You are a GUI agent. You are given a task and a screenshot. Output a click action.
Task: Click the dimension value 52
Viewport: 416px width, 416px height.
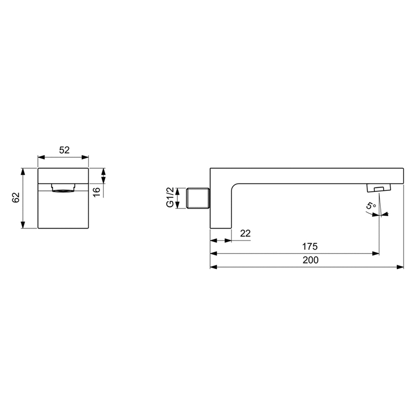tap(64, 151)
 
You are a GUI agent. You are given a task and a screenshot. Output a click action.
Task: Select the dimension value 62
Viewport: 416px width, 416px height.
tap(16, 197)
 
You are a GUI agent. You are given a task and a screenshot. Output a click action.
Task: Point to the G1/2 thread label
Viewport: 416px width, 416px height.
tap(170, 198)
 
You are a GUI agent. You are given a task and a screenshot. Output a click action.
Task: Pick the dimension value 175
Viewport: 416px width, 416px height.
tap(310, 246)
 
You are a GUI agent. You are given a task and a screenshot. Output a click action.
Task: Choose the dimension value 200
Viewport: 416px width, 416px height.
tap(310, 260)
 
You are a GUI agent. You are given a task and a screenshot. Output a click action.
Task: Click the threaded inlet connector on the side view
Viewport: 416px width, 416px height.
tap(199, 198)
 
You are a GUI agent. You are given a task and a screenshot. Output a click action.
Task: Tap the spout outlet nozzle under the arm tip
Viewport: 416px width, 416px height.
tap(379, 188)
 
